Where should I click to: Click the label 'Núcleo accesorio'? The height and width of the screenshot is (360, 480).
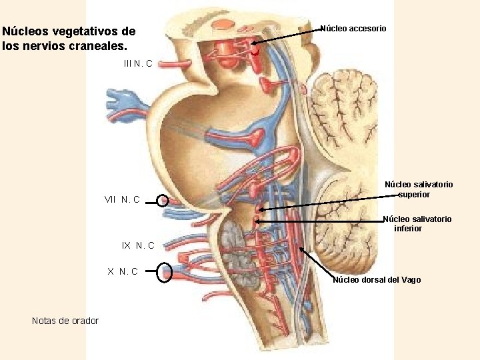pos(353,28)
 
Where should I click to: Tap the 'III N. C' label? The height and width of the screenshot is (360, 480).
pos(138,63)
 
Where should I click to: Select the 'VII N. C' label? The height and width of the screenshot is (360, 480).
pos(122,199)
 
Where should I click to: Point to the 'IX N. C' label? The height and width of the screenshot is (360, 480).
pos(138,245)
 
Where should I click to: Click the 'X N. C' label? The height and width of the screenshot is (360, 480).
pos(123,271)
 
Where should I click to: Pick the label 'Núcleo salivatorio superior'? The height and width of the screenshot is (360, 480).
pos(418,189)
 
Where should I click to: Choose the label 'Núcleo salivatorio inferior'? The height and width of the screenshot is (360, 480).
pos(417,223)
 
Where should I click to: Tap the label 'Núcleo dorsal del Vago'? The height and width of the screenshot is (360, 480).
pos(377,280)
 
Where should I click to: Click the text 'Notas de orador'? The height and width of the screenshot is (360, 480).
pos(65,321)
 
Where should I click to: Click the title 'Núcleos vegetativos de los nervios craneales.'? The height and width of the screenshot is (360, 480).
pos(69,39)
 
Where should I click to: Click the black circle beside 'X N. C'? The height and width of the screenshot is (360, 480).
pos(165,273)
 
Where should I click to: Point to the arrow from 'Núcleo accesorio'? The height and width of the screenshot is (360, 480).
pos(287,37)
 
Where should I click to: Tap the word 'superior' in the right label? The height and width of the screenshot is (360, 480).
pos(414,195)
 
